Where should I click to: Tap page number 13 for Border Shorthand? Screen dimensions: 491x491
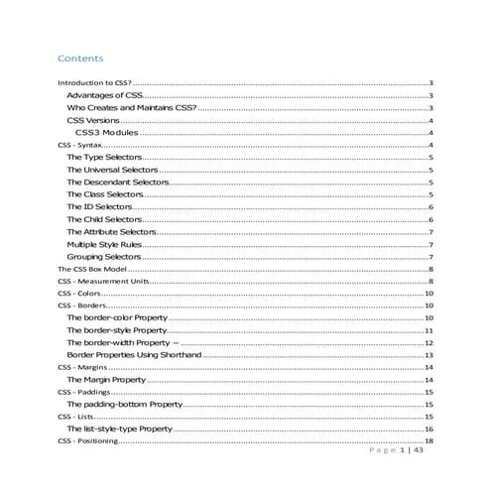(429, 354)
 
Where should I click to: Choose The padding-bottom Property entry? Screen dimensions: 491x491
(125, 404)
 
